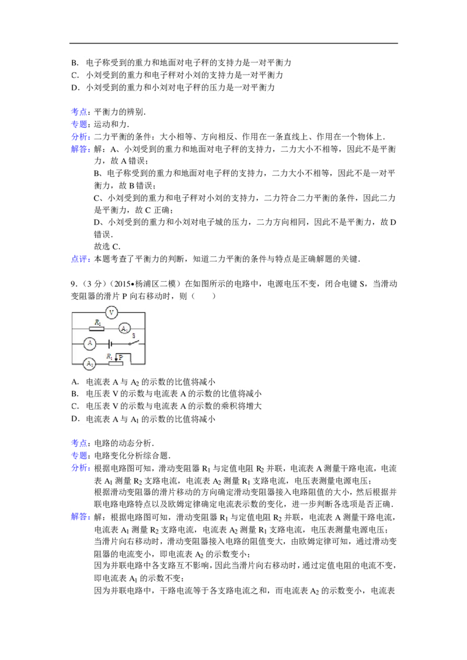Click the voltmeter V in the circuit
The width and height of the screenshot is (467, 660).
[x=111, y=312]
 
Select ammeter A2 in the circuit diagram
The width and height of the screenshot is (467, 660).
[x=89, y=363]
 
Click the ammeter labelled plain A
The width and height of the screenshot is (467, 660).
[x=90, y=344]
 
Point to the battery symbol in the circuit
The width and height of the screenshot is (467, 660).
[x=109, y=344]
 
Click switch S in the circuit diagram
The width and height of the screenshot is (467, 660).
[x=134, y=341]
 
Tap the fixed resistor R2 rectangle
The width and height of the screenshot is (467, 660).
[x=97, y=329]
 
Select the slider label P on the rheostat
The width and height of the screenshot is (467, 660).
[x=120, y=357]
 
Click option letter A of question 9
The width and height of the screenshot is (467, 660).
[x=75, y=382]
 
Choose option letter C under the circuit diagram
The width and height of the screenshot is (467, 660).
[x=75, y=406]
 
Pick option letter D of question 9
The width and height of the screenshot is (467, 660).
[x=75, y=419]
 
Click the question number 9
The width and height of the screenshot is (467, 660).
[x=74, y=284]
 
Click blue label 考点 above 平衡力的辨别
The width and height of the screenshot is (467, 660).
[x=79, y=112]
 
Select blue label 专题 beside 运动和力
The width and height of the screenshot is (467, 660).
[x=79, y=124]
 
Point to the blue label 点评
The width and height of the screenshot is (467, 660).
[x=79, y=259]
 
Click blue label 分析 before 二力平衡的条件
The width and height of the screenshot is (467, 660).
[x=79, y=137]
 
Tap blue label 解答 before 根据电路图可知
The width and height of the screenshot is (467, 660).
[x=79, y=517]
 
